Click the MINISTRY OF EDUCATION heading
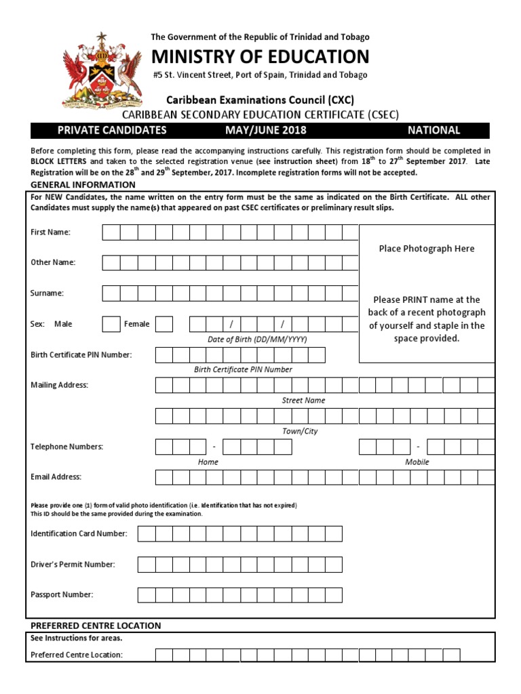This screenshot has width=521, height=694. point(260,56)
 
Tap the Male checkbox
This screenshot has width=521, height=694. point(111,324)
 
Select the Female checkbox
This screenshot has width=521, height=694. point(164,324)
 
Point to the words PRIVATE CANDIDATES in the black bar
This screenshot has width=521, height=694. point(112,130)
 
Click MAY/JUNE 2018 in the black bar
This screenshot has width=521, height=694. point(266,130)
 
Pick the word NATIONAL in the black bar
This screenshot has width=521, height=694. point(433,130)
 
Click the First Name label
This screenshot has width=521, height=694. point(50,232)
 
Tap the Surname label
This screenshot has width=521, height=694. point(47,293)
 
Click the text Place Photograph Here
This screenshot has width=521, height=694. point(427,249)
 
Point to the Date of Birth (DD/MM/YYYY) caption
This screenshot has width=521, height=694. point(257,339)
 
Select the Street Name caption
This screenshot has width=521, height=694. point(303,401)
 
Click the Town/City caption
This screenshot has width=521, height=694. point(300,431)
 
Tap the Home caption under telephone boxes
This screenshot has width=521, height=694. point(208,462)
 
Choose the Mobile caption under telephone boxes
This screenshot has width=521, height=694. point(417,462)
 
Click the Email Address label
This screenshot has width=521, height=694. point(56,477)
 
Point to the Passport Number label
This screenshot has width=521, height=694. point(62,595)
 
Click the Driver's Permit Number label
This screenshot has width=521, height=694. point(73,565)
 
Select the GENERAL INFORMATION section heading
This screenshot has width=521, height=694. point(83,184)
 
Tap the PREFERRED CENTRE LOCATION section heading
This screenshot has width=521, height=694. point(96,626)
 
